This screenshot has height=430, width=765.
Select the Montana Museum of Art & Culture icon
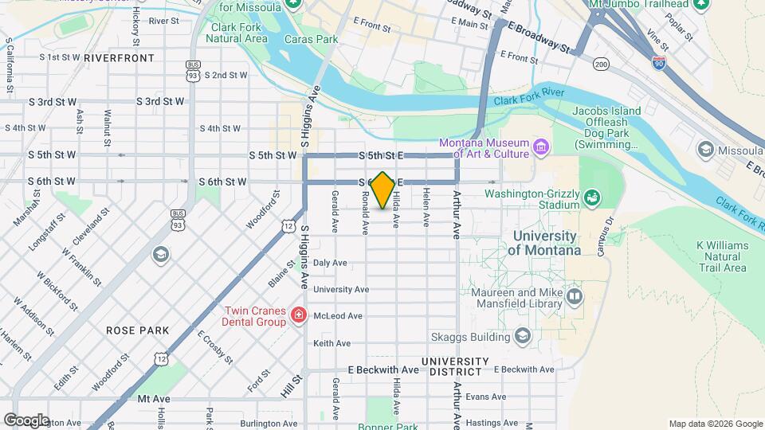541,147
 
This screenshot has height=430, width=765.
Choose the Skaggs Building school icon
522,336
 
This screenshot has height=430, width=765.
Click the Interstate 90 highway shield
659,63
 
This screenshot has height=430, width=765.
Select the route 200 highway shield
601,64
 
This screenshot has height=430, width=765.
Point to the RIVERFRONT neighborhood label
119,58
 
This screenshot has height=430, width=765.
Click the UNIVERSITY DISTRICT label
451,366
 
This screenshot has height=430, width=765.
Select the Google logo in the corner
26,420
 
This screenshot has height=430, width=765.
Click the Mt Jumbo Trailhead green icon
701,5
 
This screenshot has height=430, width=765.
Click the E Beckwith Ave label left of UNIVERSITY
383,370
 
